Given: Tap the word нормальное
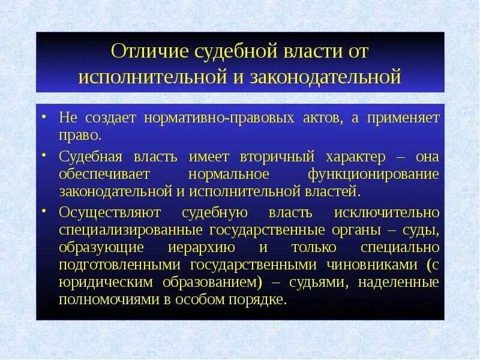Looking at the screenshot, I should tap(232, 175).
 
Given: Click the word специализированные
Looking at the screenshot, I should tap(131, 230).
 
